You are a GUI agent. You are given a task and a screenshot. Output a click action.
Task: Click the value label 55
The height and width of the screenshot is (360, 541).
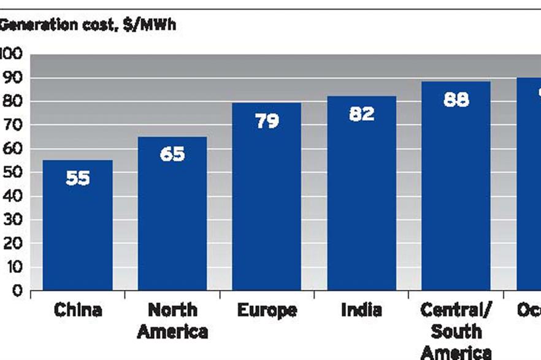point(77,178)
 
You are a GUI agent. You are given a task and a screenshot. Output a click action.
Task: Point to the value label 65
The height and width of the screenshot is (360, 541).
point(172,154)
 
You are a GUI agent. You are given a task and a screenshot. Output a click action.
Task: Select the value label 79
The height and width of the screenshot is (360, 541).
point(266,121)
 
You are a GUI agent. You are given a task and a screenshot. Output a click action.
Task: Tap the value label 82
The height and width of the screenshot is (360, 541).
point(361,114)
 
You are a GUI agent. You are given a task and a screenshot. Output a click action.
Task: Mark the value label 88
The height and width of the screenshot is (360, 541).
point(456,99)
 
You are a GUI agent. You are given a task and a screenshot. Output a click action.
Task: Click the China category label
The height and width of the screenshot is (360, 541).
point(77,310)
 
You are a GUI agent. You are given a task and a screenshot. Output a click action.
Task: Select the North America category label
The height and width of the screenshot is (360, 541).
point(172,321)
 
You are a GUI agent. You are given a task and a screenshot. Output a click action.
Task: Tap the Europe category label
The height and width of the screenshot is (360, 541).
point(267,310)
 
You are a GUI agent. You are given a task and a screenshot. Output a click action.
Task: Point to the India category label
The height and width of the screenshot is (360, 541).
point(361,310)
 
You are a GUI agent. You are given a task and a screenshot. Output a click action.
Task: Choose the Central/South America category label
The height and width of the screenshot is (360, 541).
point(456,331)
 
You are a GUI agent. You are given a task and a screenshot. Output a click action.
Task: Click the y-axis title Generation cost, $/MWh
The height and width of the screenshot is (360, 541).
point(87,26)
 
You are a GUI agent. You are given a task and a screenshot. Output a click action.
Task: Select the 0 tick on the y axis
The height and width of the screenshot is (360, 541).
point(17,291)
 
